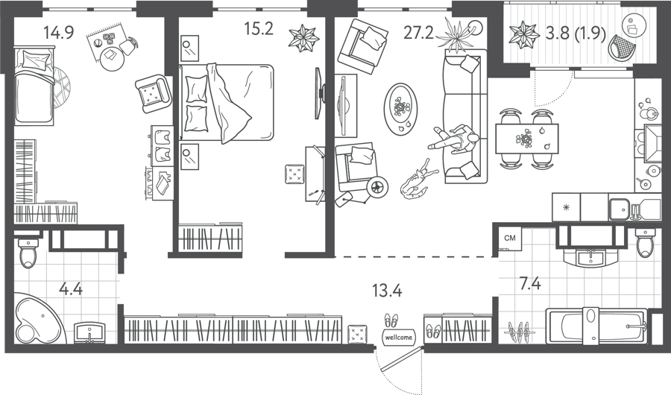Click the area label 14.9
[x=59, y=32]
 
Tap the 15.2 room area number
[x=259, y=28]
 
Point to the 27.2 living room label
[x=418, y=32]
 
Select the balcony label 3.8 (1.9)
[x=576, y=33]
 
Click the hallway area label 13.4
[x=387, y=291]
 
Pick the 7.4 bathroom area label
[x=530, y=284]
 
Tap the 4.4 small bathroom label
[x=71, y=289]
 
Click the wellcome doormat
[x=398, y=337]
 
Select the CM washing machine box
[x=510, y=238]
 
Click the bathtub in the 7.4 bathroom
[x=596, y=326]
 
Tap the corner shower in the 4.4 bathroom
[x=38, y=318]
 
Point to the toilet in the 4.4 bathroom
[x=28, y=253]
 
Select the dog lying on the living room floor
[x=418, y=180]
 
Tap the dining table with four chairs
[x=527, y=138]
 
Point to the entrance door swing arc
[x=383, y=370]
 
